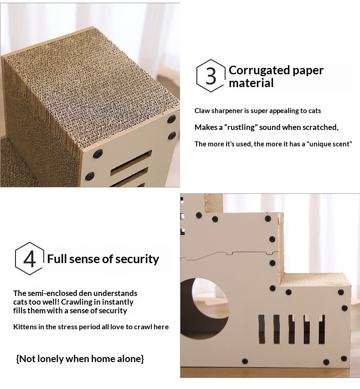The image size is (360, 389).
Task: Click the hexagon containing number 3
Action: tap(197, 76)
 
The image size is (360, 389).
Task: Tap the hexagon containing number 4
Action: tap(15, 259)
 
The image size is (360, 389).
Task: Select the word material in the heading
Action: tap(251, 83)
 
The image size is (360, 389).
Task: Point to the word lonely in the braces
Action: tap(51, 359)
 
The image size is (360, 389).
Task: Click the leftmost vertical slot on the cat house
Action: tap(262, 329)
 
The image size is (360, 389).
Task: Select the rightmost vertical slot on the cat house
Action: tap(322, 329)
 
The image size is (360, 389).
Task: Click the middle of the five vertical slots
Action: tap(292, 329)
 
